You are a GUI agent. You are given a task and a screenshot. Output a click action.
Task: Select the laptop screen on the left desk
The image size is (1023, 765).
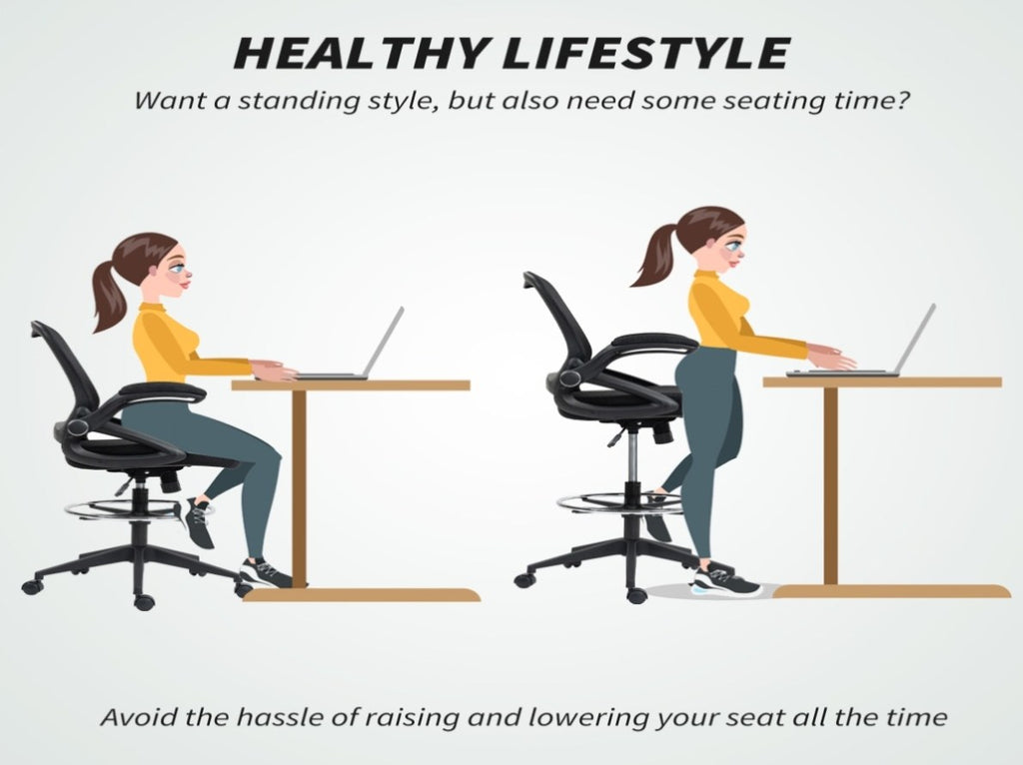[385, 342]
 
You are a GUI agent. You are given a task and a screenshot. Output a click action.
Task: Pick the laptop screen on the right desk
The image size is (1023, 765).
[917, 340]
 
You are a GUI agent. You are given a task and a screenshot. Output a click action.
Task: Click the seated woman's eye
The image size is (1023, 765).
[179, 268]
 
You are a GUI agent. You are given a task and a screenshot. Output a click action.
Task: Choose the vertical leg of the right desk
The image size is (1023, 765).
[830, 486]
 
